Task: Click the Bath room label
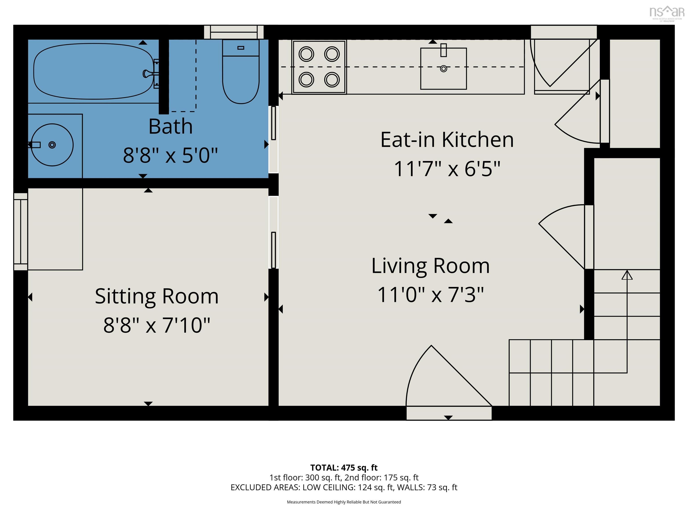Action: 170,126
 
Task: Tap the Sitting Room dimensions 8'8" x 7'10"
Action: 157,325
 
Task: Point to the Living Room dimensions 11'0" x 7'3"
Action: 430,295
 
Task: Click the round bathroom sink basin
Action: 52,145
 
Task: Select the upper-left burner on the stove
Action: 306,54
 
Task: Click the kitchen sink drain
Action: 443,69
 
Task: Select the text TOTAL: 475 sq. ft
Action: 344,467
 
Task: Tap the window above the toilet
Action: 234,32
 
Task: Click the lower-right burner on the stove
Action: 332,80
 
